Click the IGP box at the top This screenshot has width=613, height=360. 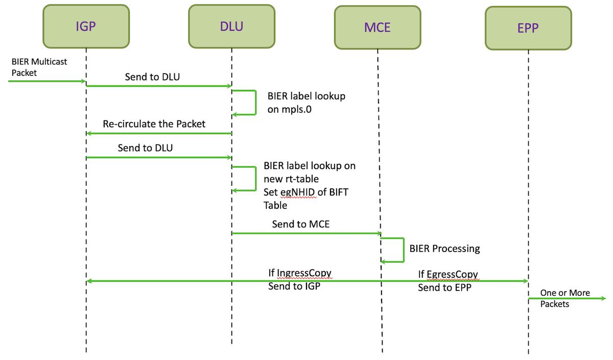[86, 26]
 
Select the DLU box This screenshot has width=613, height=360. [231, 26]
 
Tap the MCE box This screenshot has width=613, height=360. [378, 28]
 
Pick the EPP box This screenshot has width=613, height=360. [528, 28]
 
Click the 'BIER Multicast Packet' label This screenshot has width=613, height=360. [39, 67]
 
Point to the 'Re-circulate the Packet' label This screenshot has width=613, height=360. [154, 124]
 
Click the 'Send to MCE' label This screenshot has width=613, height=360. [300, 224]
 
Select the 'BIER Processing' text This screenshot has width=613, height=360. [444, 248]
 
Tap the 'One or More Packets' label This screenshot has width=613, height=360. [565, 298]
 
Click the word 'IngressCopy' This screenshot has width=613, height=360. [304, 273]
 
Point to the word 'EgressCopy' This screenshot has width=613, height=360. [452, 274]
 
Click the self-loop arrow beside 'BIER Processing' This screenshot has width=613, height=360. [404, 250]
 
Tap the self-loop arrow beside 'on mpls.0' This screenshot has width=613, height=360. [255, 103]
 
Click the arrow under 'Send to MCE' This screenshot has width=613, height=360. [306, 233]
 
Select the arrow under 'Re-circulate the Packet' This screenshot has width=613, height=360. [159, 133]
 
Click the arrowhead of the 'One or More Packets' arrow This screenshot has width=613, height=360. [603, 298]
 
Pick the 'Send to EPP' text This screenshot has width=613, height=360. [444, 287]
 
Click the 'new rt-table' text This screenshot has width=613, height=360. [291, 179]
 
